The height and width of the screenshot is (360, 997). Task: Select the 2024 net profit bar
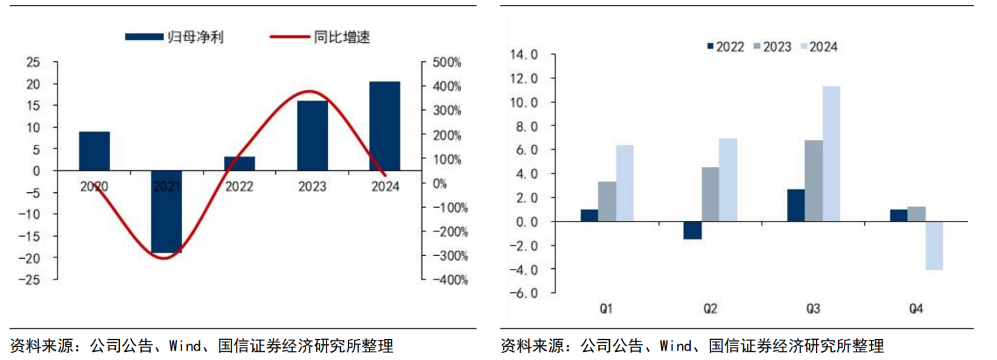tap(385, 126)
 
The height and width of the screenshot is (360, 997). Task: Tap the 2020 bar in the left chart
tap(94, 151)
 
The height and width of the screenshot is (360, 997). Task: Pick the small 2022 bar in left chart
tap(239, 164)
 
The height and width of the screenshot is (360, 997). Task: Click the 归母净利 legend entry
tap(175, 37)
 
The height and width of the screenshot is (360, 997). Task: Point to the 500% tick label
tap(446, 63)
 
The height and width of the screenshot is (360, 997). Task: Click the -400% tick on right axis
tap(449, 280)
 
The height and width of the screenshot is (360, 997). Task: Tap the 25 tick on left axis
tap(33, 63)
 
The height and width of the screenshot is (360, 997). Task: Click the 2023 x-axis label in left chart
tap(312, 187)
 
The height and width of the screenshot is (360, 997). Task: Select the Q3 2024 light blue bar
tap(831, 154)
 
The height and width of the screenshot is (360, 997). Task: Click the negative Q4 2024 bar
tap(934, 245)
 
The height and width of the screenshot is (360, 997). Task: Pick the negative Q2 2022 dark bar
tap(692, 230)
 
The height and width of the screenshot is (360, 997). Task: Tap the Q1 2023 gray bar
tap(607, 201)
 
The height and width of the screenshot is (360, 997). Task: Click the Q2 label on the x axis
tap(710, 309)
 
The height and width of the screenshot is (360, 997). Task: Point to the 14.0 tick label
tap(523, 55)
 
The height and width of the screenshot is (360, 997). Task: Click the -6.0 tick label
tap(523, 293)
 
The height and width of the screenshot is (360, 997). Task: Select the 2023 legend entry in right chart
tap(772, 47)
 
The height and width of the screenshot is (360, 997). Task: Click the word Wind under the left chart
tap(185, 346)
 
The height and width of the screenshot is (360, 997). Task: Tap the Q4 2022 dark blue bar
tap(898, 215)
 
